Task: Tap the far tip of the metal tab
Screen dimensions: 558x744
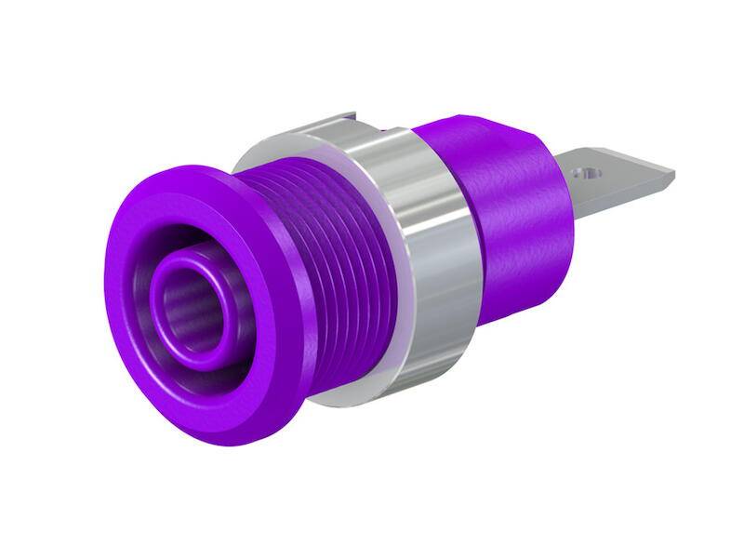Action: [x=672, y=173]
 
